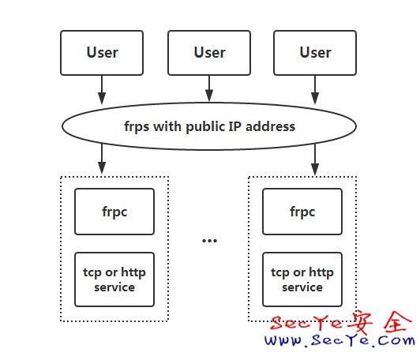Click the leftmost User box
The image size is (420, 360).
[102, 53]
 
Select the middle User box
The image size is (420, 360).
[209, 53]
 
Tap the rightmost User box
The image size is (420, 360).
[315, 53]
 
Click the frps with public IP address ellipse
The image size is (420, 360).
[209, 126]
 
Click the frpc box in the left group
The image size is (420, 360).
[115, 212]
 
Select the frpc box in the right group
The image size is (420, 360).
[302, 212]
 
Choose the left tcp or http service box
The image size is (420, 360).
[115, 279]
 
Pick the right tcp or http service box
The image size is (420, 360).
[302, 279]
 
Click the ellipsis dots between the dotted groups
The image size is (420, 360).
[209, 240]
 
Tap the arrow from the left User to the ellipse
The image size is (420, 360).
[102, 89]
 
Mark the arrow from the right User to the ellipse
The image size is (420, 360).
[315, 89]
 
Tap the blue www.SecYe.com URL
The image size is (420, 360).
[339, 342]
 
